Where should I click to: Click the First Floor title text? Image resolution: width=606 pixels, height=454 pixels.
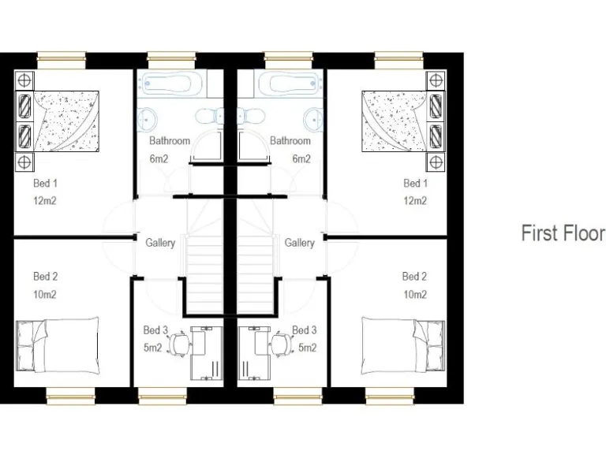[x=562, y=233]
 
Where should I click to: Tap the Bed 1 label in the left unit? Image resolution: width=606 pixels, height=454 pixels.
[x=45, y=183]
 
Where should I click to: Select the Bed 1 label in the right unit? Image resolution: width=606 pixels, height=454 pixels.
[x=415, y=183]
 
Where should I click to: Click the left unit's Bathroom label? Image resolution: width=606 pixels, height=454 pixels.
[x=170, y=141]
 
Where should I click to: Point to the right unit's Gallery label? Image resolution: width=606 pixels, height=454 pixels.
[x=300, y=243]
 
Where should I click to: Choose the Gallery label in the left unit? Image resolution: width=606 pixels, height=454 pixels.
[x=160, y=243]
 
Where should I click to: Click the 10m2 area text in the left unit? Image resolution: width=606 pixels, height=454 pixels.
[x=45, y=295]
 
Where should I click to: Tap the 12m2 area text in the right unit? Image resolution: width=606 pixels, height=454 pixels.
[x=415, y=200]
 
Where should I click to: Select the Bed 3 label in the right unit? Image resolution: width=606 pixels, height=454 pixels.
[x=305, y=330]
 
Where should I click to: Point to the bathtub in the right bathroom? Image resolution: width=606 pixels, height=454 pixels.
[x=291, y=83]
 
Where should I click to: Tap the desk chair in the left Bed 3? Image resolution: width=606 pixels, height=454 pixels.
[x=180, y=343]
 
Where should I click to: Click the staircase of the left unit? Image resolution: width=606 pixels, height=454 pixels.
[x=205, y=260]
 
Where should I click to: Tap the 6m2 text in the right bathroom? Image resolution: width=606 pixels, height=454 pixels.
[x=301, y=158]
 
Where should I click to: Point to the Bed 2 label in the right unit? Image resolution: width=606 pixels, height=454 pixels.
[x=415, y=277]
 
